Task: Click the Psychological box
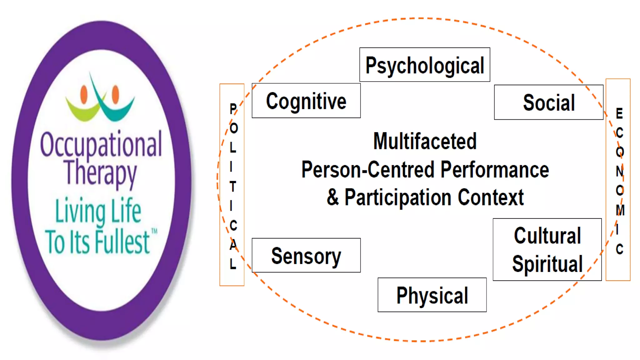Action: pos(425,65)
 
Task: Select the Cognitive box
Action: pos(306,101)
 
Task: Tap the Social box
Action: pos(548,102)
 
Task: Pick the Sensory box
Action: pos(306,256)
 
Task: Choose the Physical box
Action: pos(432,295)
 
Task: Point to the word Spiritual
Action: pos(547,264)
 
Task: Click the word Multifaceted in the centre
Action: pos(425,141)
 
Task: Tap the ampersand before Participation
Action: pos(333,197)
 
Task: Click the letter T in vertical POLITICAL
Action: pos(232,187)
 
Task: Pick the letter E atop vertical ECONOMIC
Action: pos(619,113)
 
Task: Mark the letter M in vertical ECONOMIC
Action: pos(620,210)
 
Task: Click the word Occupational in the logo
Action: pos(101,144)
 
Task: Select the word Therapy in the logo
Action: pos(100,173)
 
